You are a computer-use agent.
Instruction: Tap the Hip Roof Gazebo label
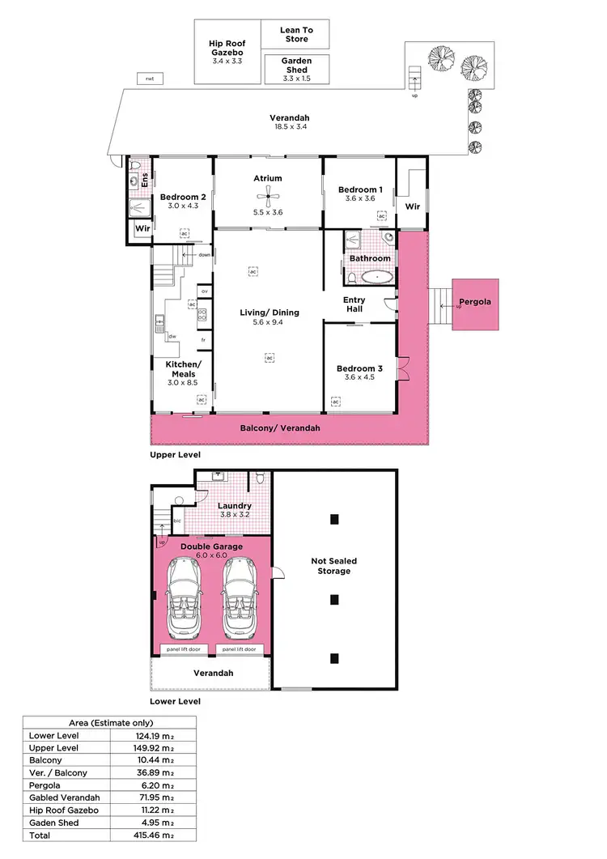tap(227, 51)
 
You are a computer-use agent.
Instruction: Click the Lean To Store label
tap(296, 35)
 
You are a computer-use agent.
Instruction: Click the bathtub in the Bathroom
tap(377, 277)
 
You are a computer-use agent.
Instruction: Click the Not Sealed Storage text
tap(333, 566)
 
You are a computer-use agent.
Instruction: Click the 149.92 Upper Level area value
tap(154, 748)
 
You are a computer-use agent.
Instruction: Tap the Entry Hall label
tap(354, 305)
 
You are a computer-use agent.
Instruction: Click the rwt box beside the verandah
tap(150, 79)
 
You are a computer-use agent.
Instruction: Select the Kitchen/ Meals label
tap(182, 369)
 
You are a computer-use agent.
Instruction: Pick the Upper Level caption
tap(175, 455)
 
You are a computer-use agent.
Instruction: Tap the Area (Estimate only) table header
tap(108, 723)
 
